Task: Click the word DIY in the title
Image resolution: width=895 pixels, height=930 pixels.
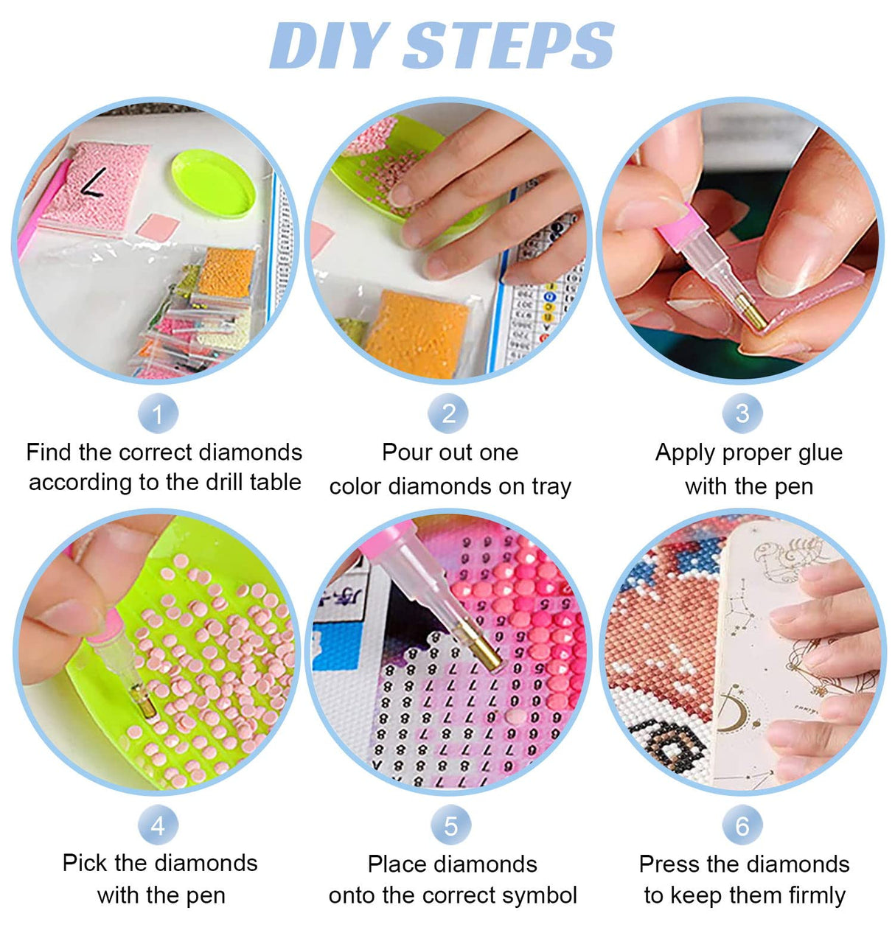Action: pos(328,46)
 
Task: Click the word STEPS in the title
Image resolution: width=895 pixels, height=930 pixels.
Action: pos(509,46)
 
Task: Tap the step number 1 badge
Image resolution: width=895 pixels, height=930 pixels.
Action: pos(158,413)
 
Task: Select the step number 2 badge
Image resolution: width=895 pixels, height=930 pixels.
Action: pos(448,413)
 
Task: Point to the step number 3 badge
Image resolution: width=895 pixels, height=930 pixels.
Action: pos(742,413)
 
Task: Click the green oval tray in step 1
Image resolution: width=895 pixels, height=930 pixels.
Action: pos(213,183)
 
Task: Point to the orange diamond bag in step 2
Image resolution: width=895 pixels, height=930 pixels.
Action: pos(417,334)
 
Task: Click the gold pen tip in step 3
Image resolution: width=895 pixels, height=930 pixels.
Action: pos(751,312)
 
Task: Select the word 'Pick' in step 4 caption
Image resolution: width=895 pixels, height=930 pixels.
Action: pos(83,863)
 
